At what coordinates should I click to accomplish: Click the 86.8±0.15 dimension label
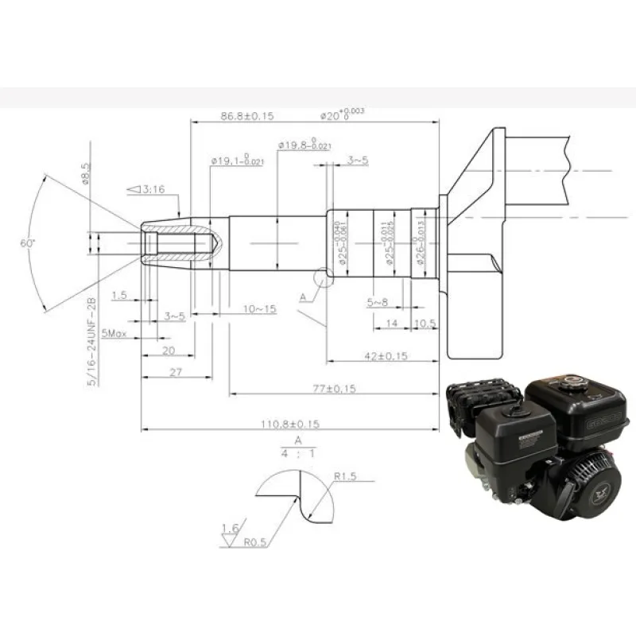click(246, 116)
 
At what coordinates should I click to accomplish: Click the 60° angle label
click(29, 244)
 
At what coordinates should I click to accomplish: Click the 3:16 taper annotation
click(145, 189)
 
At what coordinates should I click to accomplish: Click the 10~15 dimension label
click(259, 308)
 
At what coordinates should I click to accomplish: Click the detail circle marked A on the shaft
click(324, 277)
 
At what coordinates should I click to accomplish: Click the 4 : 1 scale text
click(298, 455)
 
